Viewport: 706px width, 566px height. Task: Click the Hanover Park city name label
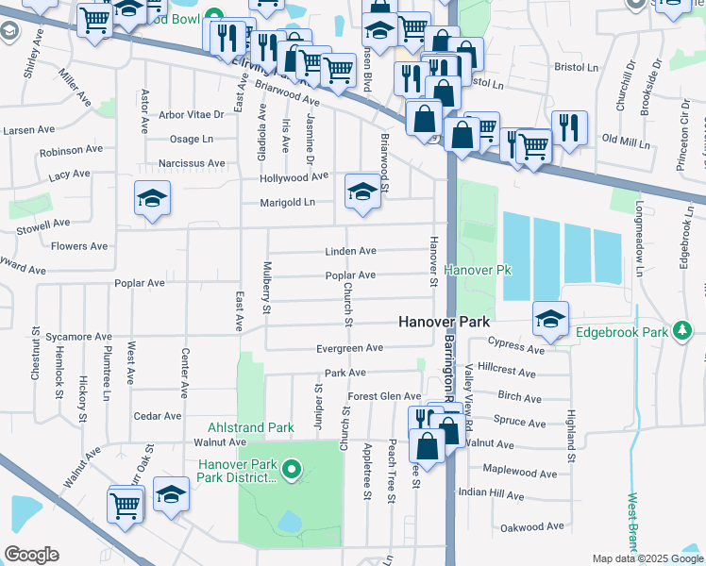click(x=444, y=322)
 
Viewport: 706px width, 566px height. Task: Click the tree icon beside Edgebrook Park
click(x=681, y=331)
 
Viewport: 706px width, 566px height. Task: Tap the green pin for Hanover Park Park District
click(x=292, y=467)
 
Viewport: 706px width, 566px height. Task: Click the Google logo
click(x=31, y=554)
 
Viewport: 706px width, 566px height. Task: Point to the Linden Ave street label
click(x=350, y=252)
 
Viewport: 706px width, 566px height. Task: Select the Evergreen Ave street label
click(x=350, y=348)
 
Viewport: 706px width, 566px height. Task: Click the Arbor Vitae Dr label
click(x=192, y=115)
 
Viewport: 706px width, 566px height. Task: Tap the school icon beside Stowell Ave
click(x=152, y=197)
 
